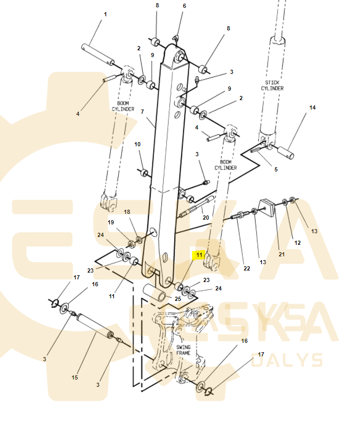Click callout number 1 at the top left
[x=105, y=14]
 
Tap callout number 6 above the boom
[x=184, y=6]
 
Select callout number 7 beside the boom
[x=142, y=112]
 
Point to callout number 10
[x=137, y=144]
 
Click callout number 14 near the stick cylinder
[x=312, y=108]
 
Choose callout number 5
[x=276, y=169]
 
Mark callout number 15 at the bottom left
[x=75, y=377]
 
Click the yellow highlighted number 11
[x=199, y=255]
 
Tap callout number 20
[x=206, y=217]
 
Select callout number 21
[x=282, y=254]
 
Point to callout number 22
[x=247, y=268]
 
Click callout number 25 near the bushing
[x=178, y=299]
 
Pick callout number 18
[x=127, y=211]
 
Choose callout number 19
[x=111, y=222]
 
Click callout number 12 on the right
[x=297, y=243]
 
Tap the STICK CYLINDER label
[x=272, y=85]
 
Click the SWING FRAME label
[x=183, y=350]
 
